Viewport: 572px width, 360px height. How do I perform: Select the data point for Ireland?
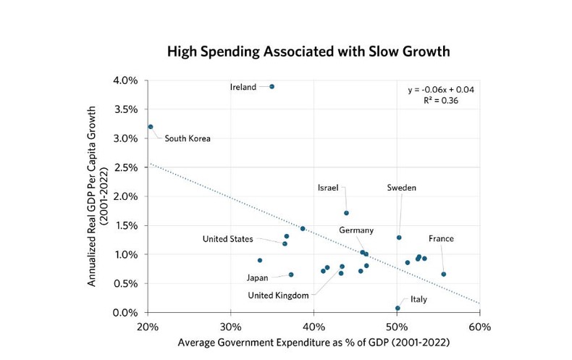[272, 86]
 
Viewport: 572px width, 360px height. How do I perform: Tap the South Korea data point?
[151, 127]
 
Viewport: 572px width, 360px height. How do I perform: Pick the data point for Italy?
[398, 308]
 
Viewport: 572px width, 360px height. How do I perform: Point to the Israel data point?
[346, 213]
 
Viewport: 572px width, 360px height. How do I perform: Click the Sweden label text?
[402, 188]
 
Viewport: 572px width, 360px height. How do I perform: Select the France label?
[441, 238]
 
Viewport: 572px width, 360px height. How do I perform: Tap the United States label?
[228, 239]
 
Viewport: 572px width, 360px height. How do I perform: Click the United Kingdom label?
[279, 295]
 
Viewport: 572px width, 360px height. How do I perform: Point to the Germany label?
[356, 230]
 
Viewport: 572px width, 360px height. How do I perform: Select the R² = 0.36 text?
[438, 101]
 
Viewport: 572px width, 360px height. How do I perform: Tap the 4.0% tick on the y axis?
[125, 80]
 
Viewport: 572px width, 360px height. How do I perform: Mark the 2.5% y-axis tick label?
[125, 167]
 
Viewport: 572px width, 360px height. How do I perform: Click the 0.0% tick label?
[125, 312]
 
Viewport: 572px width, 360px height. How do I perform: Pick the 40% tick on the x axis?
[314, 325]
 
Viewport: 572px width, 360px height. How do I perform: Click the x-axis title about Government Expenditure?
[313, 341]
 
